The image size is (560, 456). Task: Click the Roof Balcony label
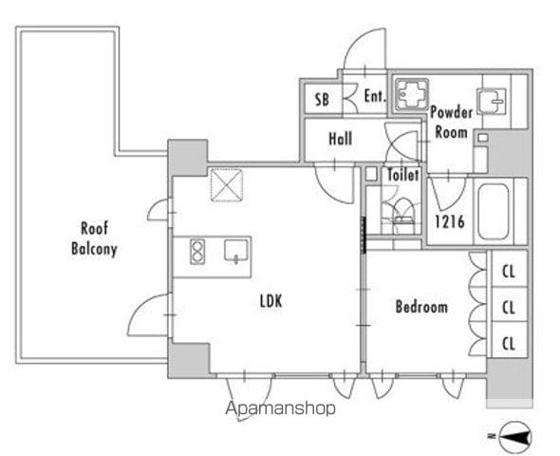(x=94, y=238)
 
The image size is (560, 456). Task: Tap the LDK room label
(x=271, y=301)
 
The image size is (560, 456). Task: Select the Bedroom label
(x=421, y=307)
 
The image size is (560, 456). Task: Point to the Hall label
(x=341, y=139)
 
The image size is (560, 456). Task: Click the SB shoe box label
(x=322, y=100)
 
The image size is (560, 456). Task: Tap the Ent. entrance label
(x=375, y=96)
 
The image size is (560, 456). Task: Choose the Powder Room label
(x=452, y=123)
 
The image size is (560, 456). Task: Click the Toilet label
(x=402, y=175)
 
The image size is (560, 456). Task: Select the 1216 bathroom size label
(x=450, y=221)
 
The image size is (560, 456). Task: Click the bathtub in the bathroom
(x=494, y=212)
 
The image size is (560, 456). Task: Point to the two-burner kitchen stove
(x=197, y=252)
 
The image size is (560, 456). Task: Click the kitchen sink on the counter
(x=236, y=250)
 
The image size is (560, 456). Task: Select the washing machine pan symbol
(x=412, y=95)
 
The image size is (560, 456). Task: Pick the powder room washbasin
(x=492, y=101)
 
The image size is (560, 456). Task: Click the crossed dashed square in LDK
(x=227, y=185)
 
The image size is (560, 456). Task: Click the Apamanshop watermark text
(x=280, y=408)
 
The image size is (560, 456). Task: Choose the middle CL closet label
(x=509, y=307)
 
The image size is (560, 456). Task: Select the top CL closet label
(x=509, y=272)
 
